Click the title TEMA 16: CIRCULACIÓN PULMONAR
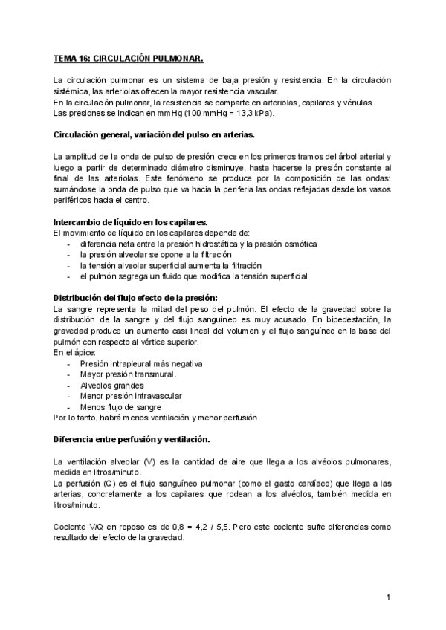[x=128, y=56]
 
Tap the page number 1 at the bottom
[x=389, y=597]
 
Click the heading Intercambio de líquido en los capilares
[x=130, y=223]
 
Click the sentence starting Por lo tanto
[x=156, y=418]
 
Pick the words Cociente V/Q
[x=80, y=526]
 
